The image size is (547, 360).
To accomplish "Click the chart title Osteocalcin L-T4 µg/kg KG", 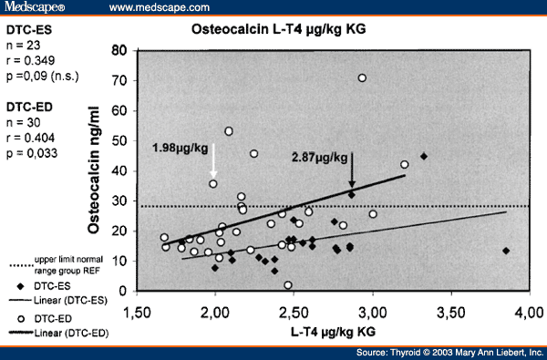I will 289,30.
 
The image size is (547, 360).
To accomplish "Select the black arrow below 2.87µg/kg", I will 352,175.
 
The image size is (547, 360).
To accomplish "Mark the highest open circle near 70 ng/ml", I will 362,78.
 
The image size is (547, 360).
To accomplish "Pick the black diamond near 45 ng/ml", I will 423,156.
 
